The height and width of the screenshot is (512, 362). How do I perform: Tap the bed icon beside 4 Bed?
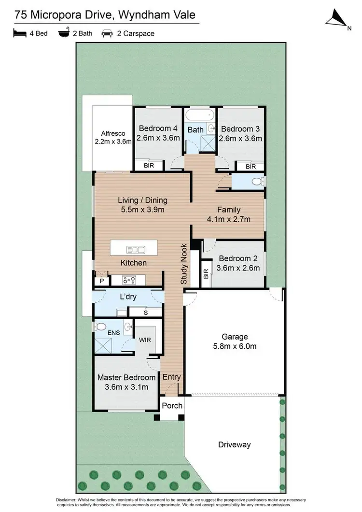coord(19,34)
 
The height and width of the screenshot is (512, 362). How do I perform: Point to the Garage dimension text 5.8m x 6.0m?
coord(235,346)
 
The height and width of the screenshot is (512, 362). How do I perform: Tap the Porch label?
coord(172,405)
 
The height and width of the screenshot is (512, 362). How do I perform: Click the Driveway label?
coord(234,444)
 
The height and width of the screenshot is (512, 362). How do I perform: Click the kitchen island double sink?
coord(135,249)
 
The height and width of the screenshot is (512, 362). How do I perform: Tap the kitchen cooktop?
coord(129,279)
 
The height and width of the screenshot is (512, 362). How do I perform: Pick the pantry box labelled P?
coord(102,280)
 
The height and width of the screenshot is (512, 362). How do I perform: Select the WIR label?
coord(145,340)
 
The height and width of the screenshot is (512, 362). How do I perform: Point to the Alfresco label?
coord(113,133)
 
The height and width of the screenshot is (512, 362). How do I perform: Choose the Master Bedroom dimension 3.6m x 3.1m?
coord(126,386)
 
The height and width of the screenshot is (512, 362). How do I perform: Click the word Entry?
coord(171,377)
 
